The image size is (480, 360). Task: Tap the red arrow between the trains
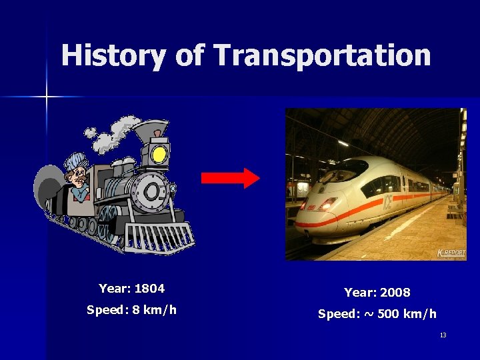(231, 178)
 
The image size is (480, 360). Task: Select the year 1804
(149, 289)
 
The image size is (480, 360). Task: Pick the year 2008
(395, 293)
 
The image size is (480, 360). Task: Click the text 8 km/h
(154, 310)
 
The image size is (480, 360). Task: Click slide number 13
(443, 335)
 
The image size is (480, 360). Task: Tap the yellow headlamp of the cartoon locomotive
(159, 155)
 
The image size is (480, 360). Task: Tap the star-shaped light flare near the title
(47, 97)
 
